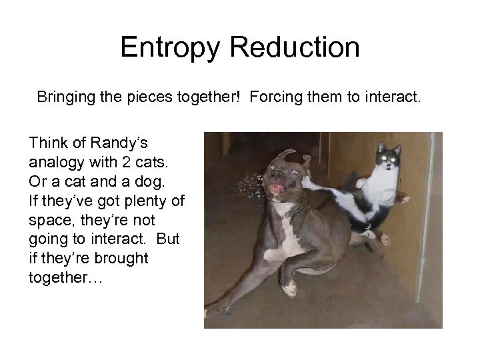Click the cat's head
click(x=386, y=159)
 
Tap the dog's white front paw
click(x=289, y=288)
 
